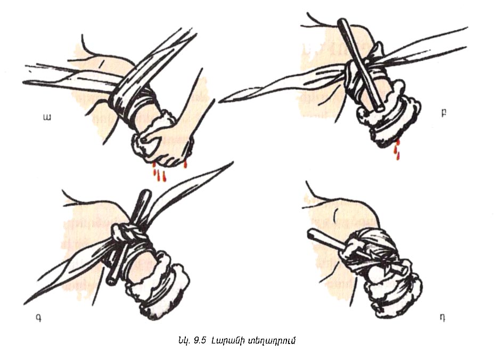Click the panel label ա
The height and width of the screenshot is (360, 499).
point(47,118)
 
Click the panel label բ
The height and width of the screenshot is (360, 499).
point(444,113)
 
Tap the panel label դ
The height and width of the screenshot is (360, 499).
point(443,317)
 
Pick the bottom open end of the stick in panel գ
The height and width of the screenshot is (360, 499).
point(111,282)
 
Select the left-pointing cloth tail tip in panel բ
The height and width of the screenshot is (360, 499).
point(221,100)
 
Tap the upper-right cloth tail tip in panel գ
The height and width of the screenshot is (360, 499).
point(232,163)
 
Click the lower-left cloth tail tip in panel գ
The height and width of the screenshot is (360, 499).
point(26,303)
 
